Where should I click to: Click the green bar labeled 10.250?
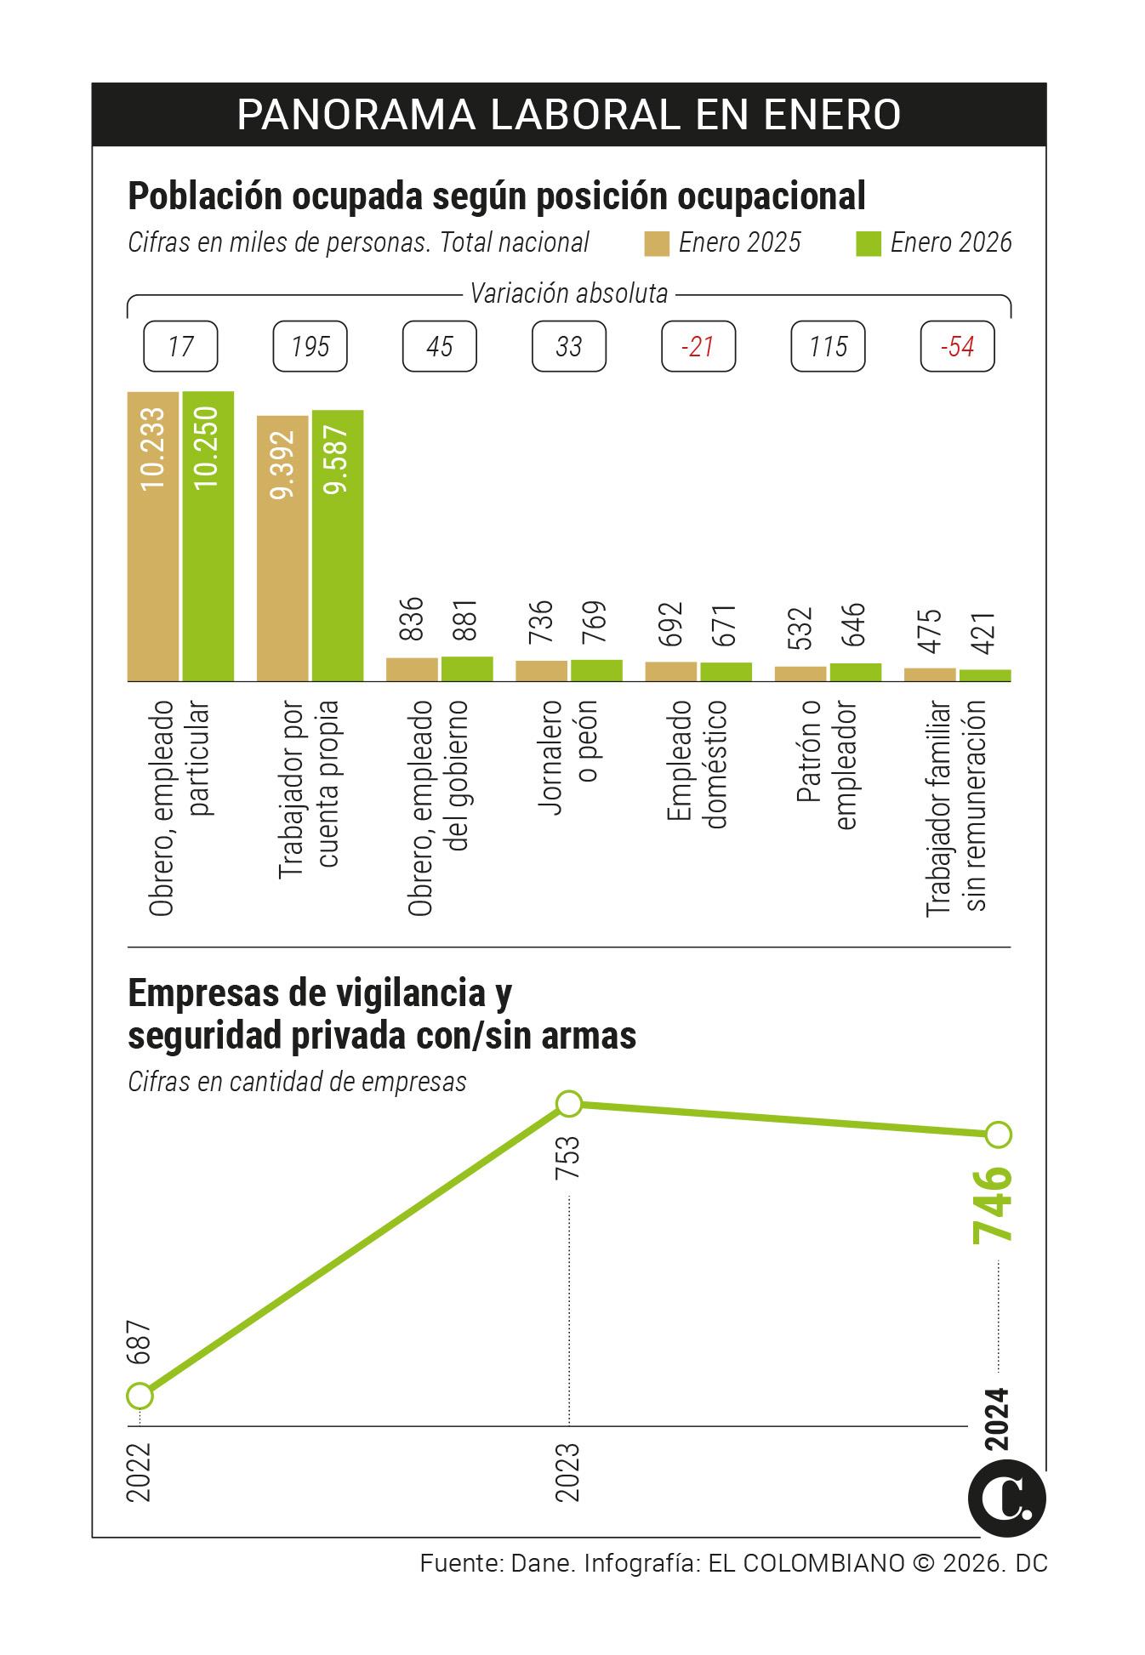point(208,536)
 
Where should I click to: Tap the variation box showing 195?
point(310,346)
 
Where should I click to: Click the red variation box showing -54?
point(957,346)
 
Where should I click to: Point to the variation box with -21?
point(698,346)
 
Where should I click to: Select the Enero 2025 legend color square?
point(658,243)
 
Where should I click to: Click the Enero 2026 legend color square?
point(868,243)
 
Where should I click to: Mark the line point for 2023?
point(569,1104)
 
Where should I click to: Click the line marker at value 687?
point(140,1396)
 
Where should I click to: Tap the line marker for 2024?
point(999,1135)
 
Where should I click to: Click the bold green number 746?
point(993,1205)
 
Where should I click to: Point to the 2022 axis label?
point(139,1472)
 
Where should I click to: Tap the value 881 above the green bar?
point(466,621)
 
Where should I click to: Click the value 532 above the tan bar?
point(800,628)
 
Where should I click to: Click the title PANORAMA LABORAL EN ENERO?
point(568,115)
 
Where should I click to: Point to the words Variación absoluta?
point(569,294)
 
